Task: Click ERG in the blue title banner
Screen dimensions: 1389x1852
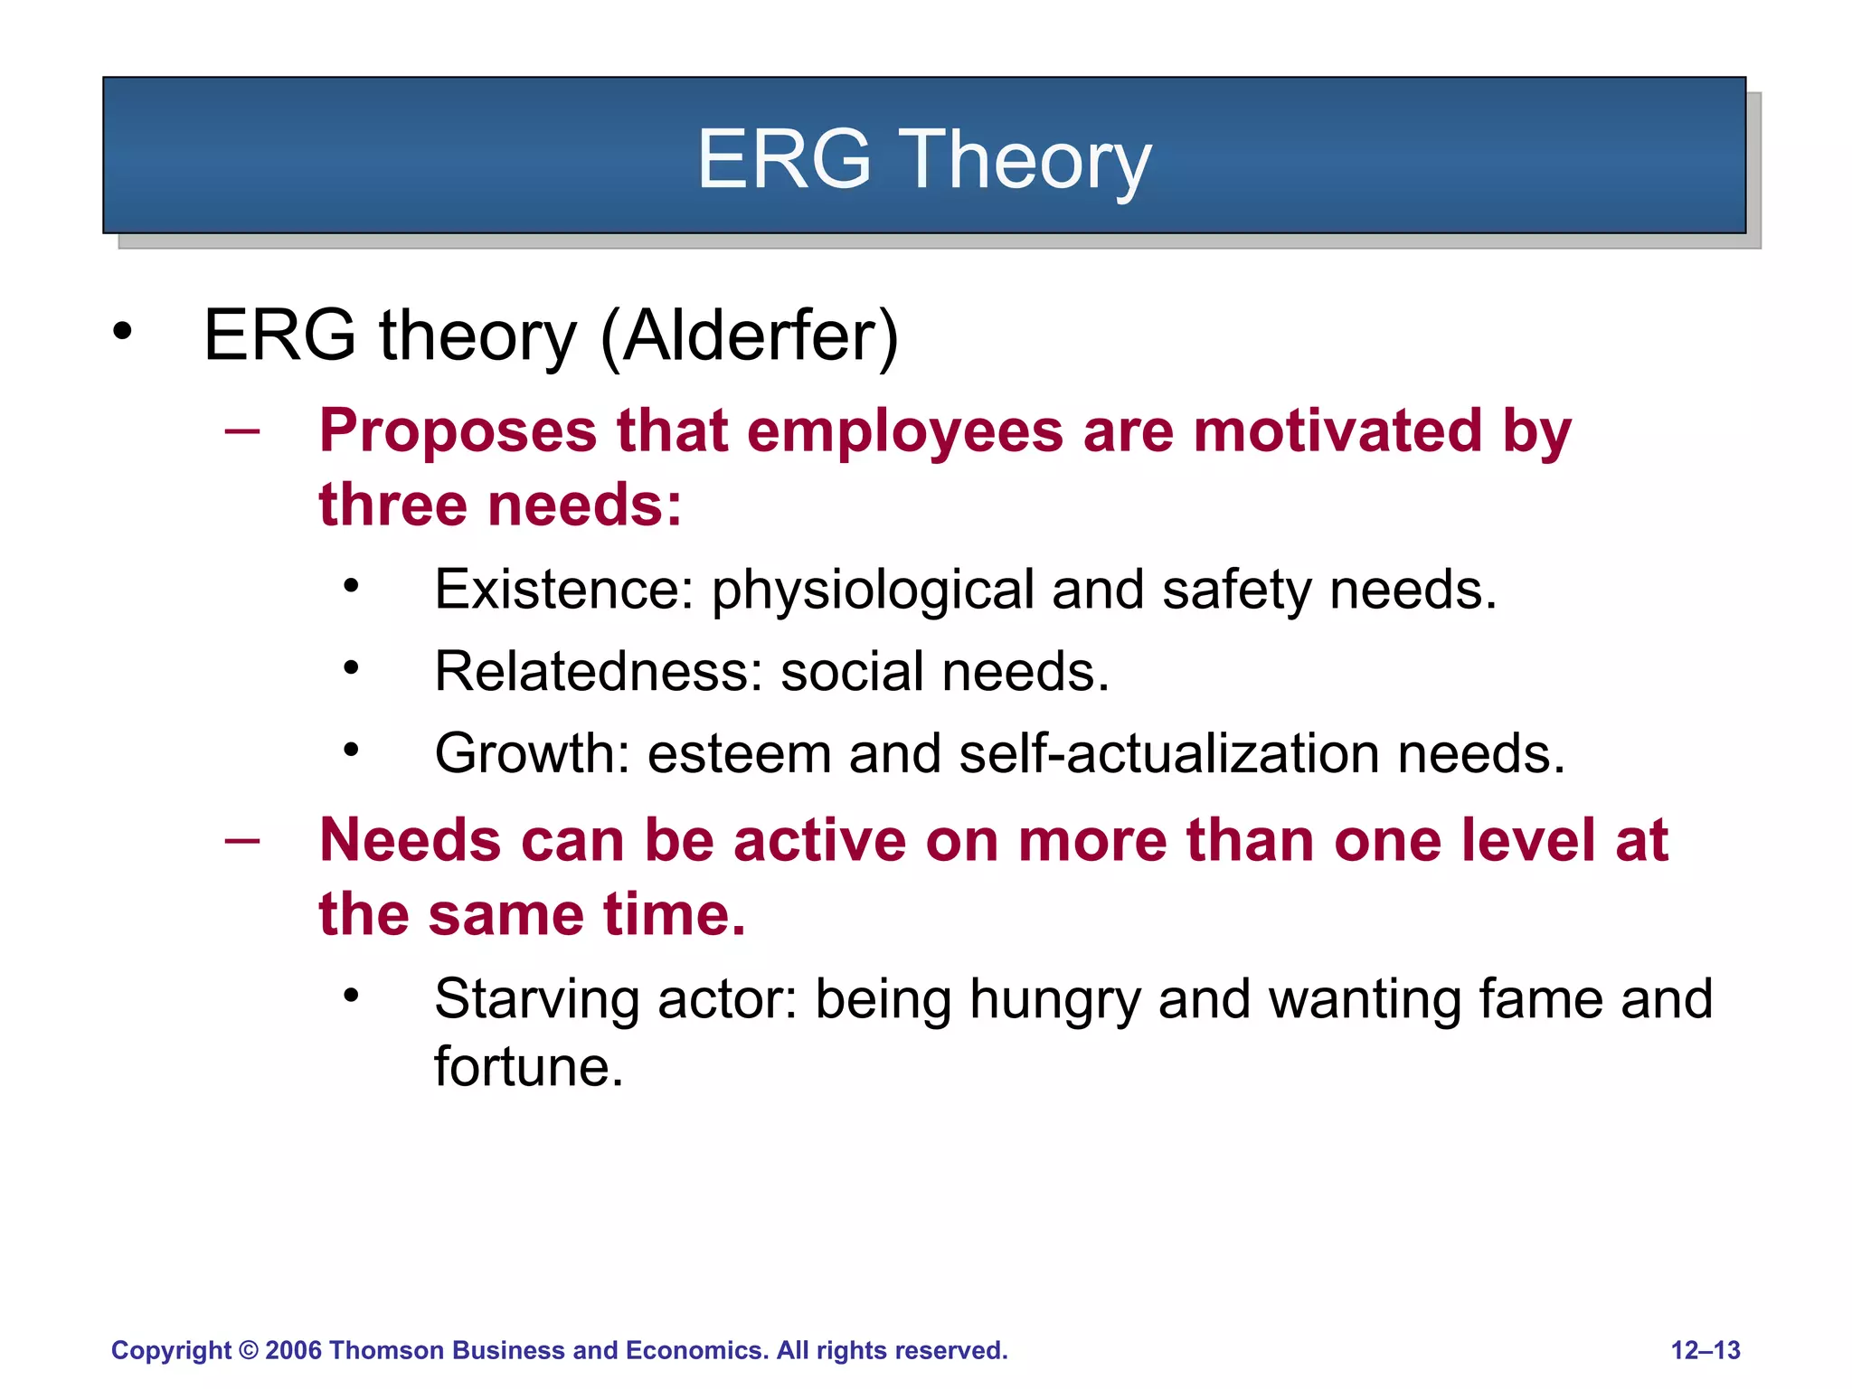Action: [x=783, y=159]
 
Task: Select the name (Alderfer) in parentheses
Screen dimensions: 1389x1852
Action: [x=750, y=336]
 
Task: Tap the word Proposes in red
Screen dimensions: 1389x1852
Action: [x=458, y=430]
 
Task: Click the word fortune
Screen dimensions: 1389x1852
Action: [x=528, y=1067]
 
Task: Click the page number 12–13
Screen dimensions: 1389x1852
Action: [x=1705, y=1350]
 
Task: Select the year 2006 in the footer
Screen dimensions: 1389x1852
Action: [x=293, y=1350]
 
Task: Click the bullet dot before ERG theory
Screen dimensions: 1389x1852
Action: [x=122, y=331]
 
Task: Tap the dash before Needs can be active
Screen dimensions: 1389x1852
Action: [x=242, y=840]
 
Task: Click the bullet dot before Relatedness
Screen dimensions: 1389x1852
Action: [x=352, y=668]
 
